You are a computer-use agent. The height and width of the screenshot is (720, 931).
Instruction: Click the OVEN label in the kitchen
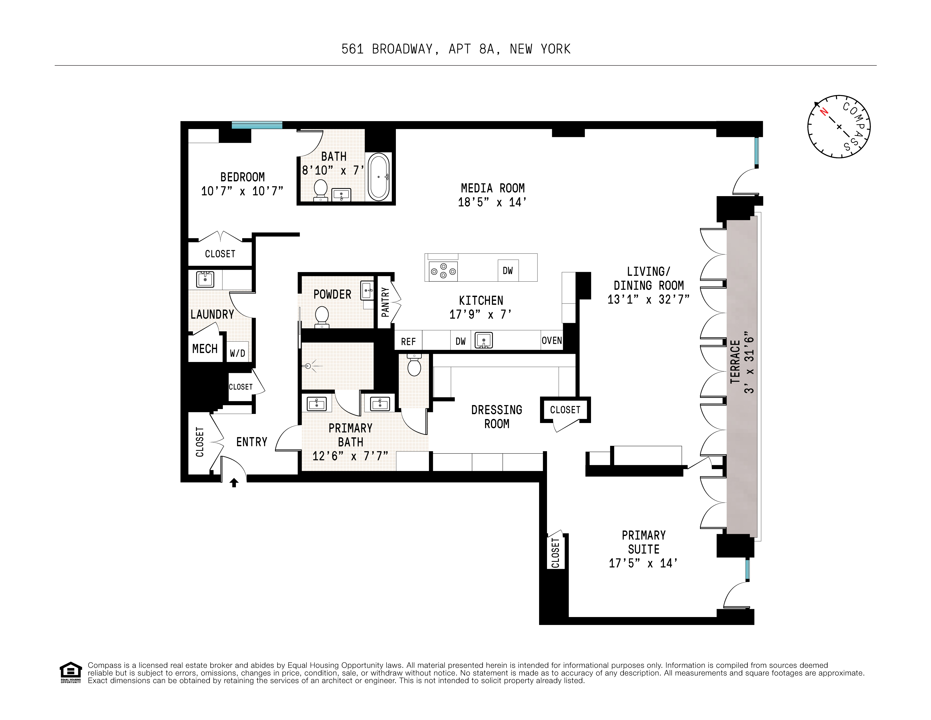552,341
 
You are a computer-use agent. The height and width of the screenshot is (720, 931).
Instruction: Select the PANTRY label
385,302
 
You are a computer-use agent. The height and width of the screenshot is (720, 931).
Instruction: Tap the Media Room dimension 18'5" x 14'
492,202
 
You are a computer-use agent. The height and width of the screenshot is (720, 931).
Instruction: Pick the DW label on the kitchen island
508,271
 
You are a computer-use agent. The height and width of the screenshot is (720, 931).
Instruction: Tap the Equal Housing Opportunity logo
70,672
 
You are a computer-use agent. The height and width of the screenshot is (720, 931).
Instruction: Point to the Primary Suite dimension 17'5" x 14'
643,563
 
